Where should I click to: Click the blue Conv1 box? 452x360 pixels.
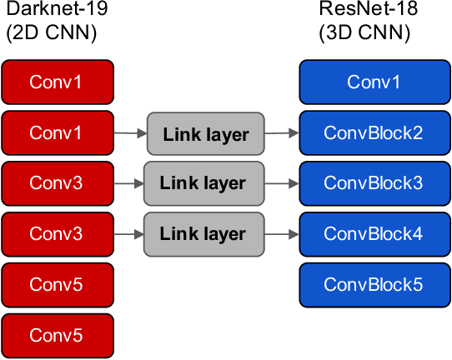click(374, 82)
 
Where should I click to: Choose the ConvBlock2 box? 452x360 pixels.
click(374, 132)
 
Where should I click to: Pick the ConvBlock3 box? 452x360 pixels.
click(374, 182)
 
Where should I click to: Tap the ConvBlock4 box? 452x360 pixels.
click(374, 233)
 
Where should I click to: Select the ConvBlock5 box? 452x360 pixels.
click(374, 284)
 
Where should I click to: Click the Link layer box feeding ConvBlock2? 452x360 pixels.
click(206, 133)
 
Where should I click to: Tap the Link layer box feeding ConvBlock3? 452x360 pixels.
click(203, 182)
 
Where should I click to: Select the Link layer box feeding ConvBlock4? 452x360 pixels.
click(203, 233)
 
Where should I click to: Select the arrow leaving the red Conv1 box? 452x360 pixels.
click(130, 132)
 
